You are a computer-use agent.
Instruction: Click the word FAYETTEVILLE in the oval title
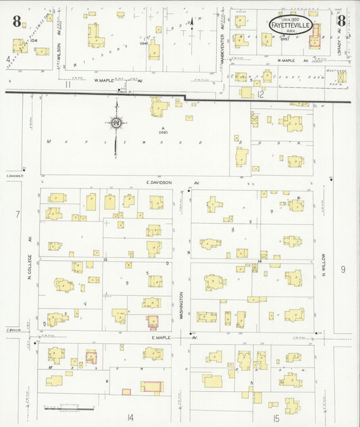tap(288, 26)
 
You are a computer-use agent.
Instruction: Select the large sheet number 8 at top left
tap(15, 22)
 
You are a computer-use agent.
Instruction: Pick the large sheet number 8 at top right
tap(342, 20)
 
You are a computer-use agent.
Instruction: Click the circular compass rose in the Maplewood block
tap(116, 124)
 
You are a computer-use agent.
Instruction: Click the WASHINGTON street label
tap(181, 300)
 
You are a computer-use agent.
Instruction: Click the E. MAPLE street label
tap(167, 336)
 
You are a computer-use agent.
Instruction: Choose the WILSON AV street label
tap(59, 50)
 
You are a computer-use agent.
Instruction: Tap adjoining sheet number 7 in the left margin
tap(9, 214)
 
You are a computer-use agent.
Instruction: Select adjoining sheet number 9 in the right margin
tap(343, 270)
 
